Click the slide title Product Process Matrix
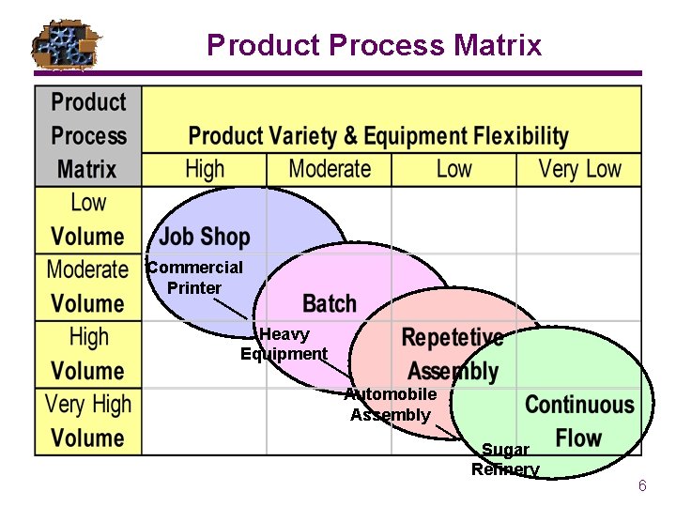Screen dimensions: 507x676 click(x=374, y=45)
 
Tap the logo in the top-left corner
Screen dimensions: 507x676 click(x=66, y=44)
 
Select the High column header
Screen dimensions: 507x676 click(x=205, y=170)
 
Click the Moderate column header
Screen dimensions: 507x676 click(x=330, y=170)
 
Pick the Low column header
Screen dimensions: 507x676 click(x=453, y=170)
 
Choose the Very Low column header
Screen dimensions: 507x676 click(x=579, y=170)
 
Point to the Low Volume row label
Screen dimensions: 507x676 click(x=88, y=220)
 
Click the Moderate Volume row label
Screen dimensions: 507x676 click(x=88, y=286)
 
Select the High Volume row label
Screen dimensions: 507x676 click(x=88, y=354)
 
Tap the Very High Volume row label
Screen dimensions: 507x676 click(x=88, y=422)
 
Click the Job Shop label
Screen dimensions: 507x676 click(x=205, y=237)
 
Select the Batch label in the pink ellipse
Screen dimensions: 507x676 click(x=330, y=304)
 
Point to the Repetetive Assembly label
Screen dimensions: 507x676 click(x=453, y=354)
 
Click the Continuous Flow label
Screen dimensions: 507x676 click(x=579, y=422)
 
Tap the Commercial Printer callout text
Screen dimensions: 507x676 click(x=194, y=278)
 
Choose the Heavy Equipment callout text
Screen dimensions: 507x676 click(x=284, y=345)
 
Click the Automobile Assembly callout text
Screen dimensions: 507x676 click(x=391, y=405)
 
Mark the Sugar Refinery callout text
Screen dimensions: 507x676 click(x=505, y=460)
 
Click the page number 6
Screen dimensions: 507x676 click(x=642, y=486)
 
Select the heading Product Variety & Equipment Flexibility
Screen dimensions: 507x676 click(x=378, y=136)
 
